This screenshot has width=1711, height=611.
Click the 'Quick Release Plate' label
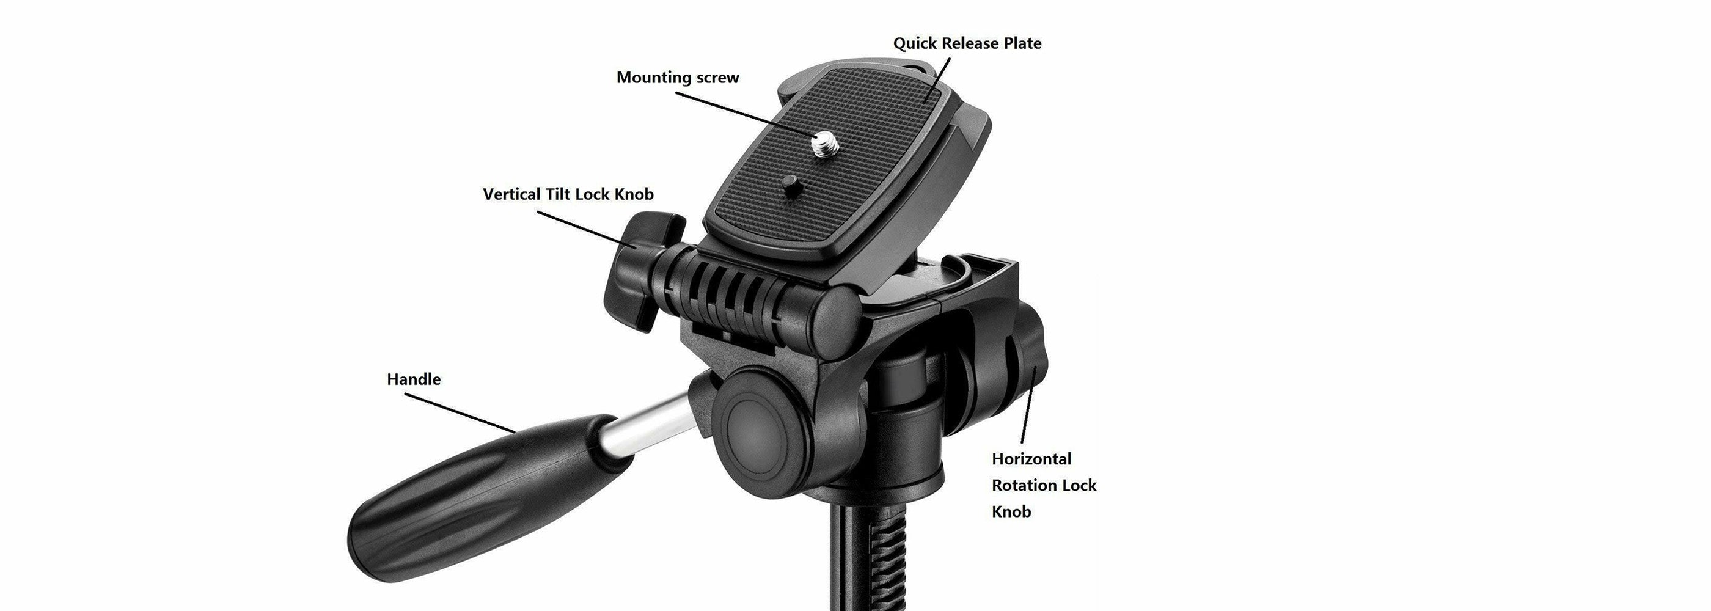coord(967,43)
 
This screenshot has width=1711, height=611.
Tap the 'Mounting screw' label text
coord(678,78)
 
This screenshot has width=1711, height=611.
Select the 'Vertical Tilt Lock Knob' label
coord(568,194)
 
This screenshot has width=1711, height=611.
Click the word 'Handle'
coord(414,379)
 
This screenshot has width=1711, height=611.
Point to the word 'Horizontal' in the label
coord(1031,459)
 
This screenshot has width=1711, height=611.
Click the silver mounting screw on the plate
coord(824,143)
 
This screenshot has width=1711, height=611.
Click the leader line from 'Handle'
coord(460,412)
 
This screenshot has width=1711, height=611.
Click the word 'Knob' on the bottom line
coord(1011,511)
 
